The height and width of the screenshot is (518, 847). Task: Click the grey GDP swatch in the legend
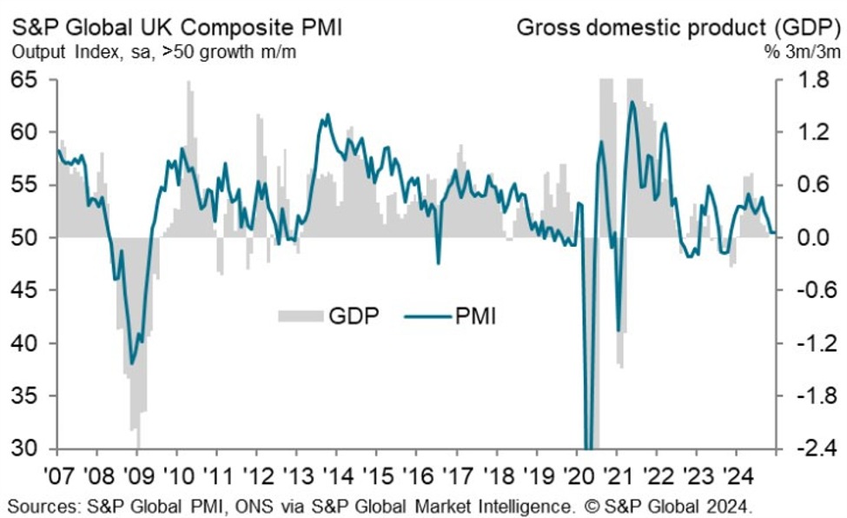pos(300,315)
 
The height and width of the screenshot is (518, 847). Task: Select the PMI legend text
pos(475,315)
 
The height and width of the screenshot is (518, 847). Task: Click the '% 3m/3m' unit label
pos(800,51)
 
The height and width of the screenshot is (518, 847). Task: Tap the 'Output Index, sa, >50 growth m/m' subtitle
pos(154,51)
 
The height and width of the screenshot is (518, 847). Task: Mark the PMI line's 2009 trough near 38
pos(132,363)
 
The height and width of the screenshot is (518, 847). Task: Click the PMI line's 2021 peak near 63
pos(632,103)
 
